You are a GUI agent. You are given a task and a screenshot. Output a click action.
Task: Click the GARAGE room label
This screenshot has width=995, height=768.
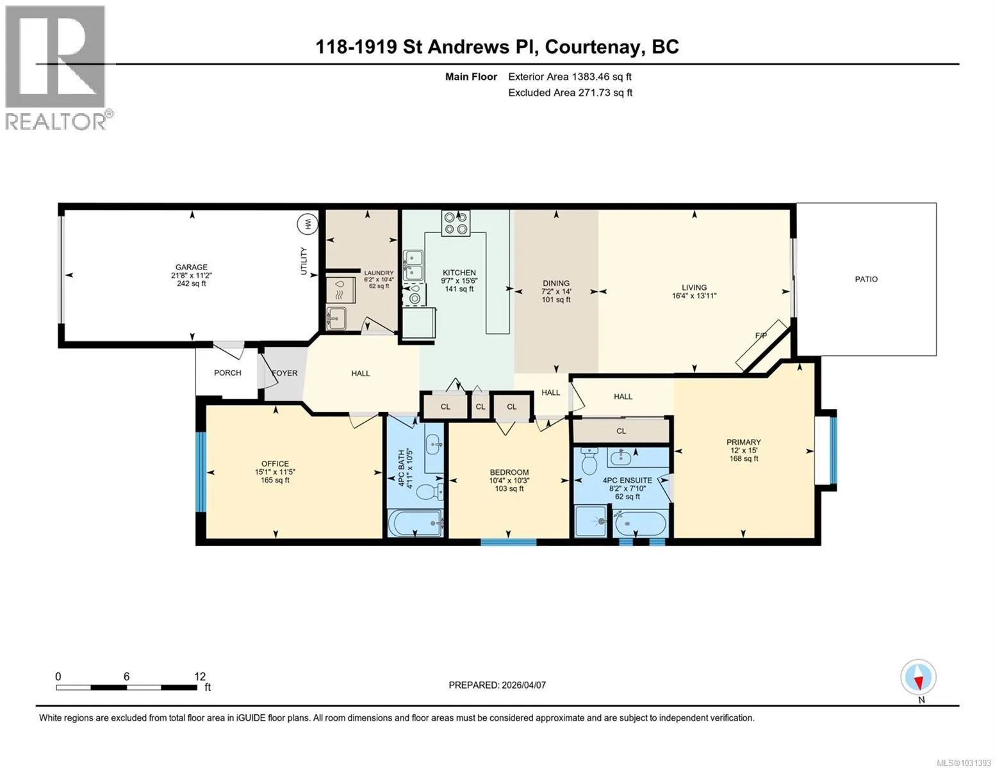(x=192, y=267)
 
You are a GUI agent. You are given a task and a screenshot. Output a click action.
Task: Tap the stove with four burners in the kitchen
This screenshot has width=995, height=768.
(x=456, y=223)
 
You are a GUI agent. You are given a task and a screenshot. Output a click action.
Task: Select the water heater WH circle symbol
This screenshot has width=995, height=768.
(x=308, y=224)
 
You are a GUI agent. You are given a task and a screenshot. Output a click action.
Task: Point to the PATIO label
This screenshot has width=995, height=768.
(x=866, y=279)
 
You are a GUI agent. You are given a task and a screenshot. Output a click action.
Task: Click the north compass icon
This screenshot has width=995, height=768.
(x=918, y=677)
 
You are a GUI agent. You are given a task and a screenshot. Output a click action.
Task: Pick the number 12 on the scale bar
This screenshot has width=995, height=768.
(x=200, y=676)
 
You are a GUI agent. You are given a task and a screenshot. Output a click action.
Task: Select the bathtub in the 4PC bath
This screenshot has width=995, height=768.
(x=415, y=523)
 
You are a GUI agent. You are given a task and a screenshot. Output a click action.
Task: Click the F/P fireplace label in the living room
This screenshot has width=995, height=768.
(x=761, y=335)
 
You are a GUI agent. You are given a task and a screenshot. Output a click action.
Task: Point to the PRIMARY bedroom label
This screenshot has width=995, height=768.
(x=744, y=442)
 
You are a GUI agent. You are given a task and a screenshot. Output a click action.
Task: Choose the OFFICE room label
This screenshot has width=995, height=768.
(x=275, y=463)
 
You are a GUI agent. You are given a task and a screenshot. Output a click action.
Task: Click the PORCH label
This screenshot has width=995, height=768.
(x=227, y=372)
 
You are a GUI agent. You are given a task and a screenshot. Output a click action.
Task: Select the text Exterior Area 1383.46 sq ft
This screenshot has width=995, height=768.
(x=570, y=77)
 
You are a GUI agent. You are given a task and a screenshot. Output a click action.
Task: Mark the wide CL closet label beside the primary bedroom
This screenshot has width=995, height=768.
(x=621, y=431)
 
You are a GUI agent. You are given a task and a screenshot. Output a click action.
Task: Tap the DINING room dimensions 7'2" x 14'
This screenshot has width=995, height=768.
(x=556, y=291)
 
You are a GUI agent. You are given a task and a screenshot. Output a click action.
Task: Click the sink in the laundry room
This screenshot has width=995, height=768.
(x=336, y=318)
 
